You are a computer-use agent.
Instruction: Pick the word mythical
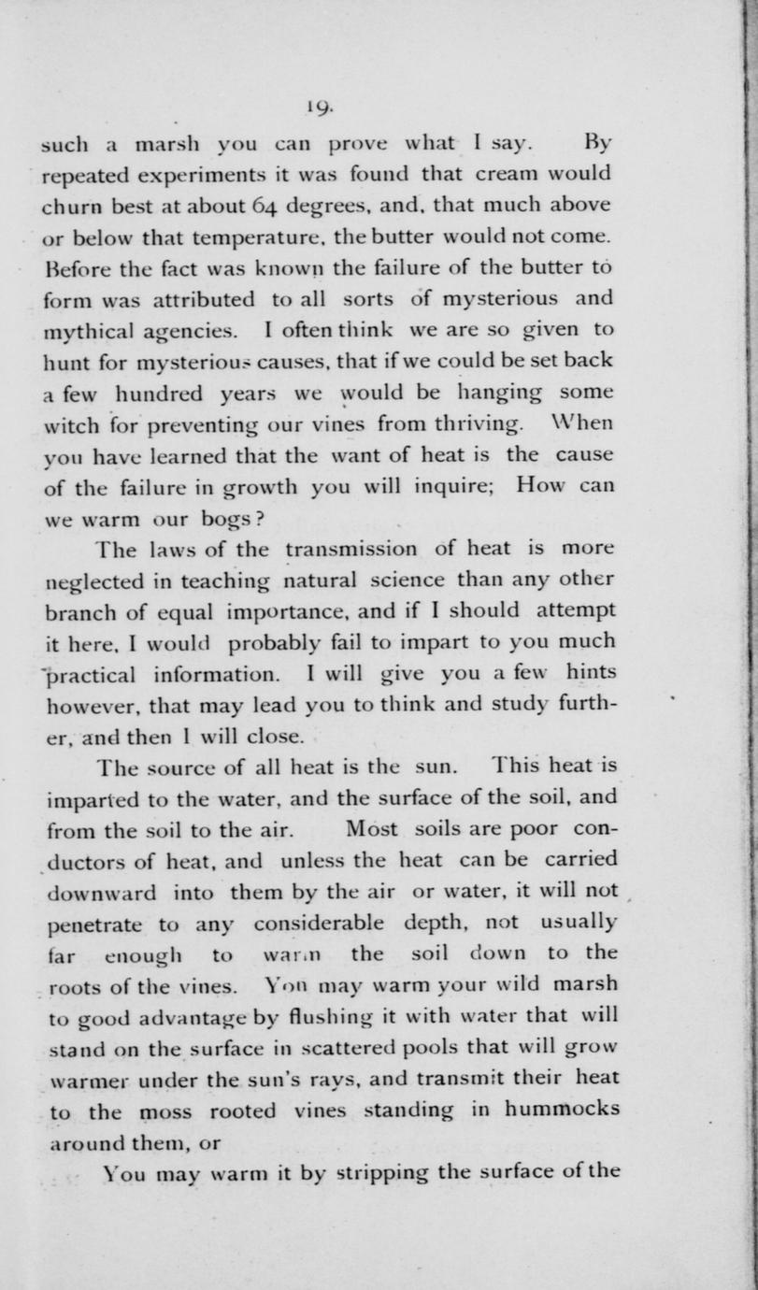88,331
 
